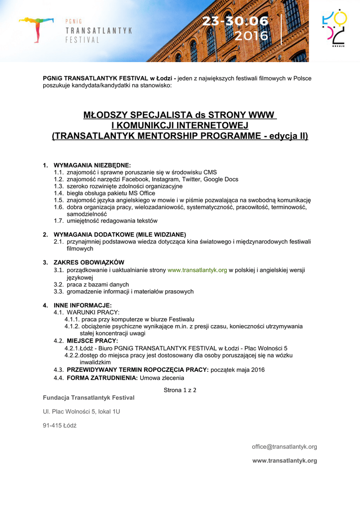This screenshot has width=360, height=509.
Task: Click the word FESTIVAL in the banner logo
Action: tap(83, 40)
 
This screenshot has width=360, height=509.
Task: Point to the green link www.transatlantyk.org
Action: tap(197, 270)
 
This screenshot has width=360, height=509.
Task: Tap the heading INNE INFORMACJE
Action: tap(83, 305)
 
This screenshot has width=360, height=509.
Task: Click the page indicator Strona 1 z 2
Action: tap(180, 390)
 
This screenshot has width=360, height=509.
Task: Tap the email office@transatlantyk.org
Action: tap(284, 447)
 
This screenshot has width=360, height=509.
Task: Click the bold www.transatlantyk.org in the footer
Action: tap(284, 461)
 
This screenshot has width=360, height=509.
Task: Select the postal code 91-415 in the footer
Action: tap(52, 425)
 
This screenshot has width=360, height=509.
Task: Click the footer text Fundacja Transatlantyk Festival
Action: tap(89, 398)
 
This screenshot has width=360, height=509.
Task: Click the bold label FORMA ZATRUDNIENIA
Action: tap(102, 378)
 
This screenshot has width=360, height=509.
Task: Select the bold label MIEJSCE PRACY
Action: tap(92, 340)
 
